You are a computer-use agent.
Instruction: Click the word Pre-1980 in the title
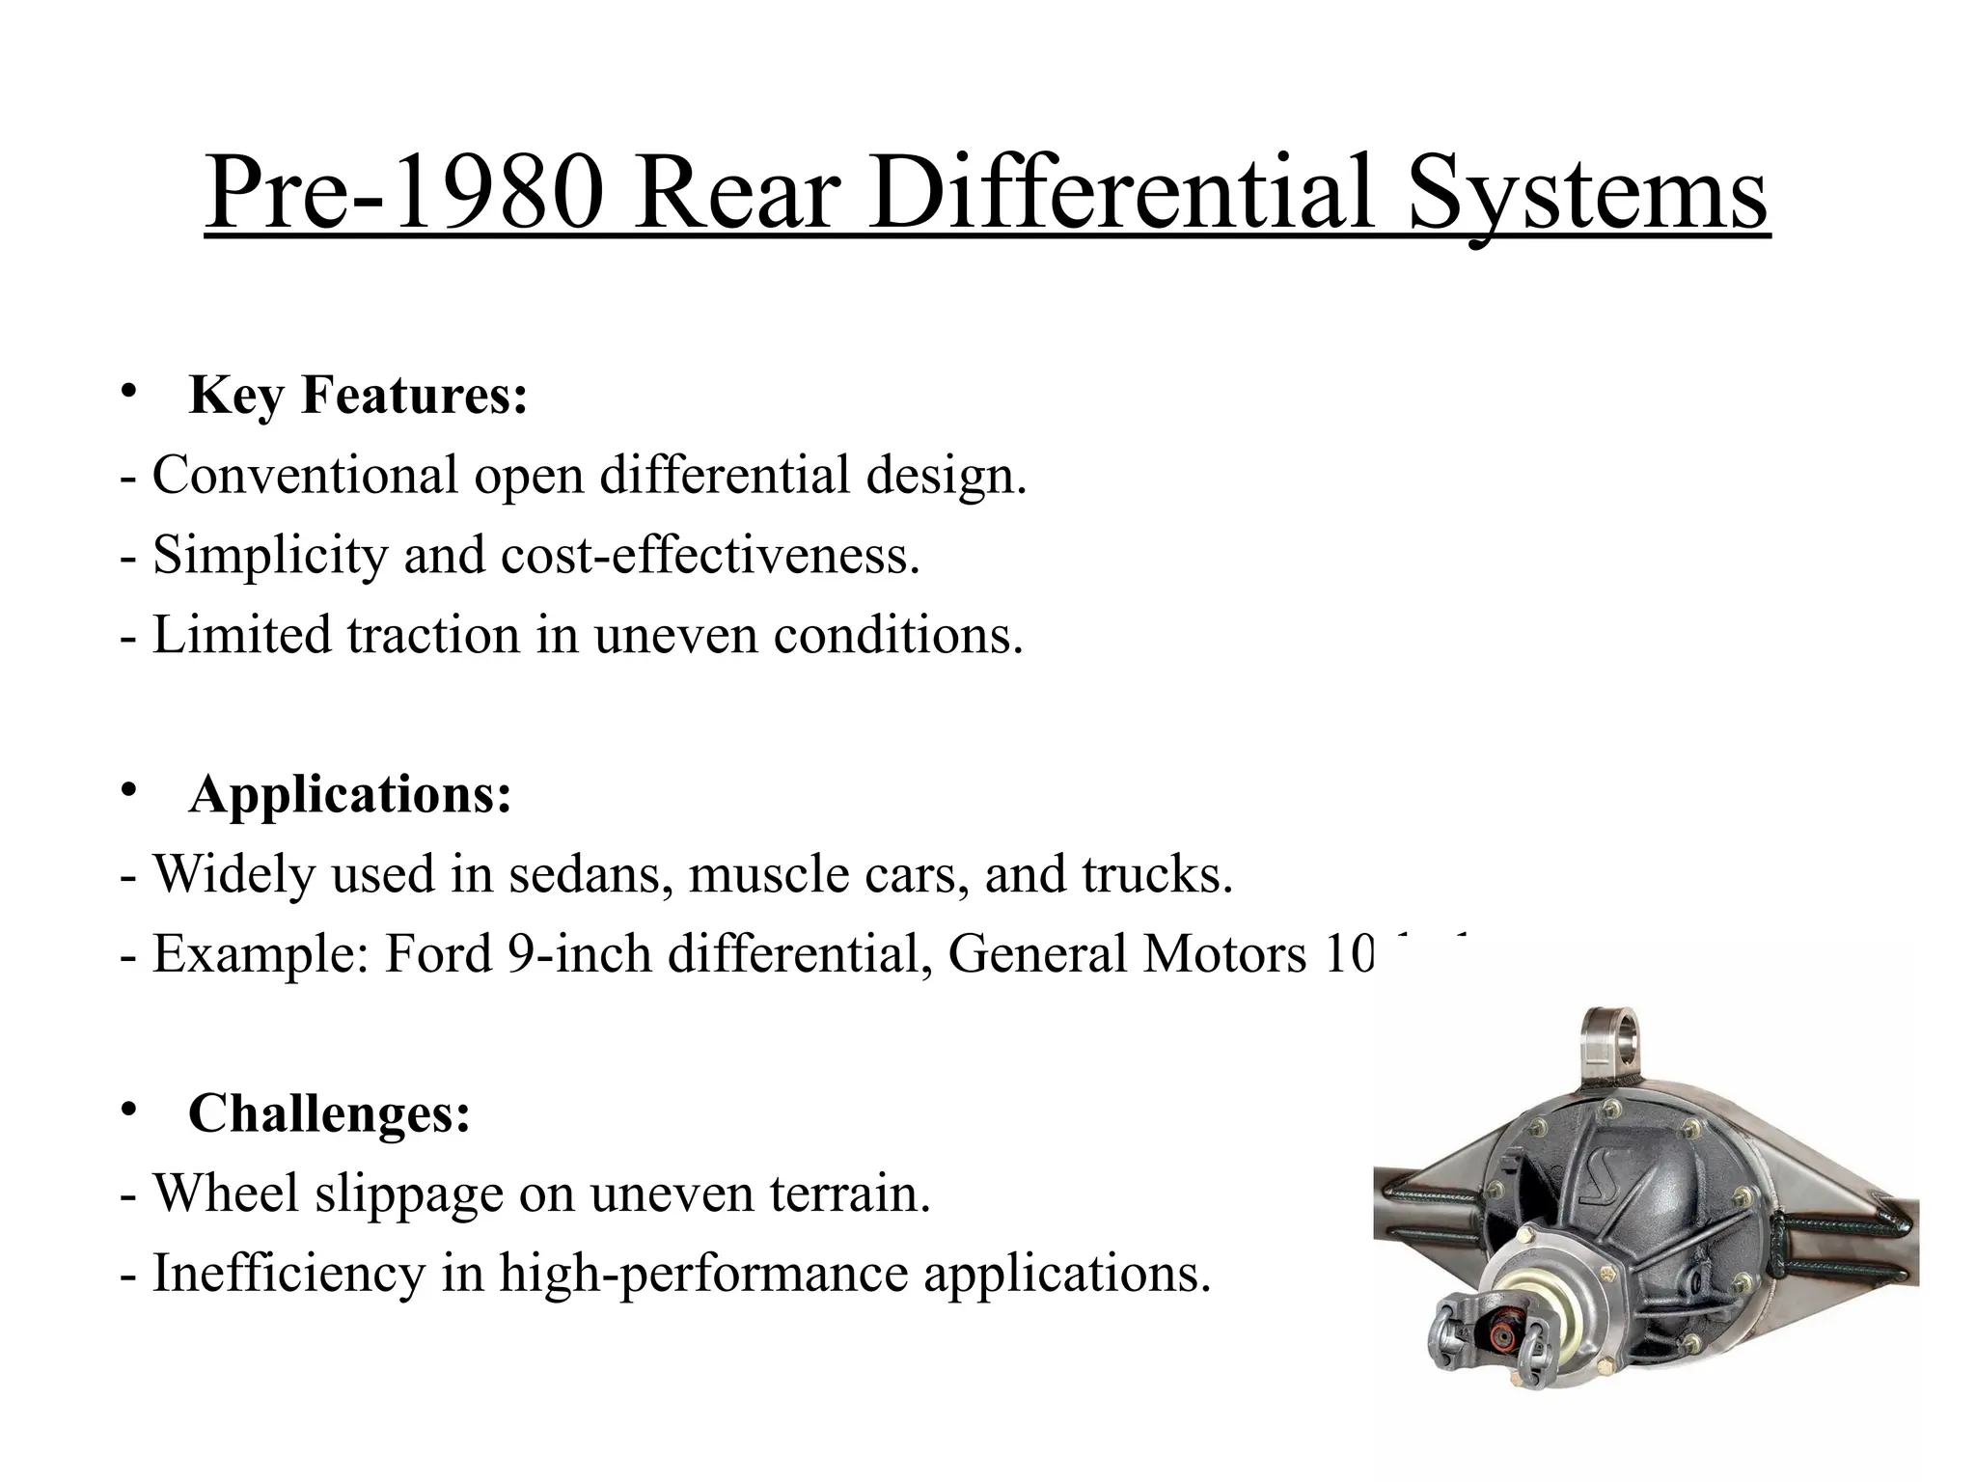coord(405,193)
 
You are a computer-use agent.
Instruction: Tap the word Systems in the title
coord(1588,193)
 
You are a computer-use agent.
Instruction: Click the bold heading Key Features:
coord(358,395)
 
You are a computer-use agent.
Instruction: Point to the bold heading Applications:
coord(349,794)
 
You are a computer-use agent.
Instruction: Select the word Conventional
coord(305,475)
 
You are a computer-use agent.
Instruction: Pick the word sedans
coord(590,874)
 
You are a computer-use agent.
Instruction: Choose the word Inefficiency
coord(288,1273)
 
